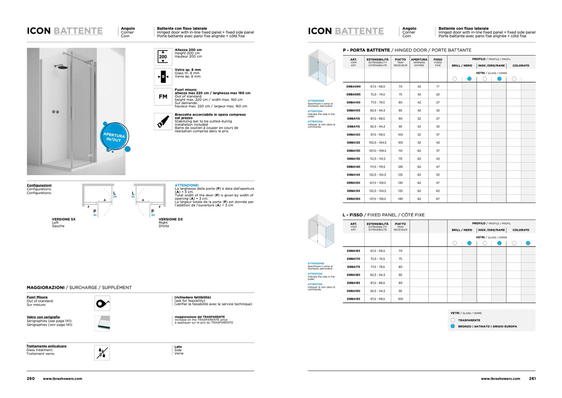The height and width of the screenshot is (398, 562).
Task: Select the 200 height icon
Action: coord(163,56)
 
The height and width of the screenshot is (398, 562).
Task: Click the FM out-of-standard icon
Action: coord(163,97)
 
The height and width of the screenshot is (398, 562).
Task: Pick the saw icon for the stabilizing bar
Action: coord(163,122)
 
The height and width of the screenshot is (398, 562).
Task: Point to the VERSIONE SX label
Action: coord(63,219)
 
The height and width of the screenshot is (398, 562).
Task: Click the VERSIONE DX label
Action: coord(170,219)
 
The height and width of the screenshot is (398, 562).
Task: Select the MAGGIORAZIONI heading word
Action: coord(46,287)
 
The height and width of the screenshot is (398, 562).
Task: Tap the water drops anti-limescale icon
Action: coord(102,353)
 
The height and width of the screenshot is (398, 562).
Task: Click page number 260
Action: coord(31,378)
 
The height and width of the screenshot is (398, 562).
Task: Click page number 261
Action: coord(532,378)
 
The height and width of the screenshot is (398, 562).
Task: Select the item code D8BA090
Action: coord(354,87)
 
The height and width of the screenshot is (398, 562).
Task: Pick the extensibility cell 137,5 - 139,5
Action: coord(378,199)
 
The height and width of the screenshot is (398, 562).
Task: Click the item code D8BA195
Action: coord(354,299)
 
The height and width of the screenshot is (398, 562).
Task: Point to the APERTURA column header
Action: coord(419,59)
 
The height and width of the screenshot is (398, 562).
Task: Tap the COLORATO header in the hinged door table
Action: coord(521,66)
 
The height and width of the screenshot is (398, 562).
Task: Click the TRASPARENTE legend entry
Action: coord(469,320)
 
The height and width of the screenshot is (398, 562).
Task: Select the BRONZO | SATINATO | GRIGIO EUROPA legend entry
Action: coord(487,326)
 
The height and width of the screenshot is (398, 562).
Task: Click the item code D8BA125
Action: coord(354,143)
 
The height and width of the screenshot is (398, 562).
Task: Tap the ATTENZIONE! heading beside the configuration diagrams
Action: coord(187,186)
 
